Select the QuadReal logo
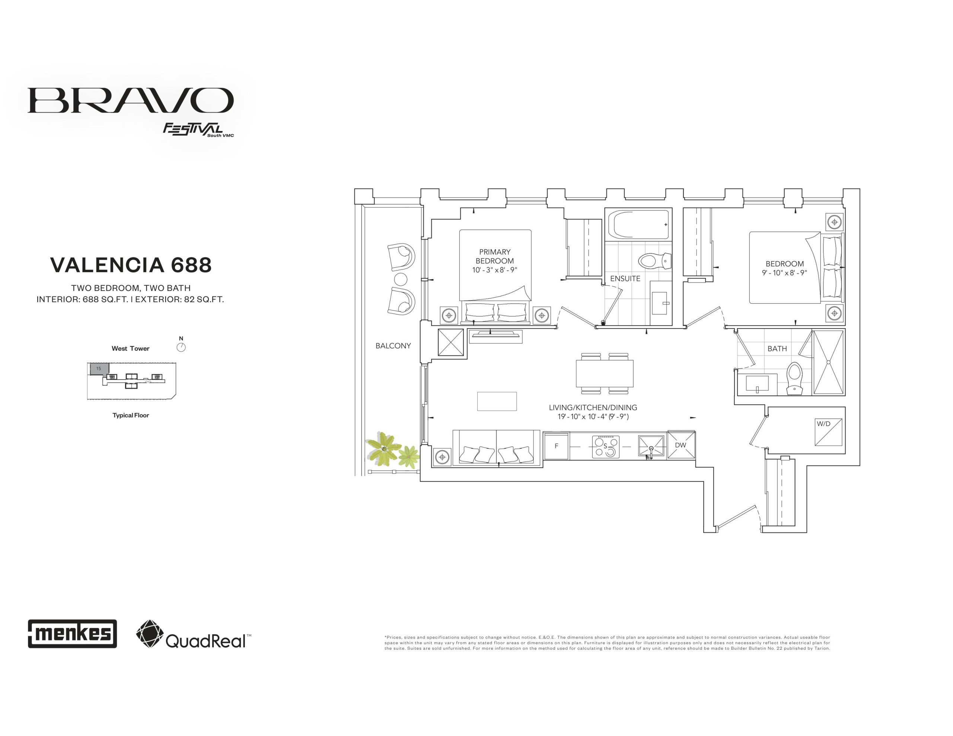(194, 634)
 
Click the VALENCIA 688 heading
(131, 265)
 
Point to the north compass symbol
(181, 347)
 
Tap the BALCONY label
(393, 346)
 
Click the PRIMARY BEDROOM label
(494, 256)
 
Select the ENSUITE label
(625, 278)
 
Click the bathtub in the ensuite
(641, 225)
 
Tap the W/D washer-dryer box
(828, 432)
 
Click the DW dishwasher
(681, 445)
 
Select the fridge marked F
(557, 446)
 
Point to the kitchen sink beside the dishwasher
(651, 446)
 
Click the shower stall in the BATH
(828, 362)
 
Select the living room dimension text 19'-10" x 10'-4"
(593, 417)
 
